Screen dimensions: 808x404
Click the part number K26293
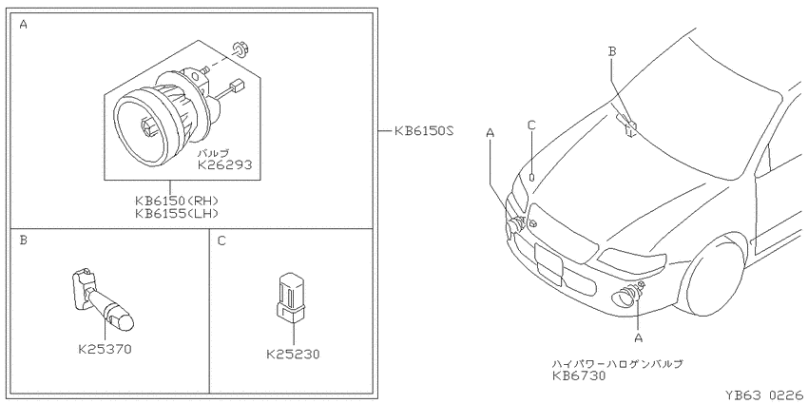[224, 164]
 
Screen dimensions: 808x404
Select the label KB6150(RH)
[177, 201]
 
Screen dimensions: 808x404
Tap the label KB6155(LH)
[177, 213]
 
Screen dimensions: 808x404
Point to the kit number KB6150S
[424, 131]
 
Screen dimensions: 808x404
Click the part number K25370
[106, 350]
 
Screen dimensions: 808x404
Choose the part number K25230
[293, 354]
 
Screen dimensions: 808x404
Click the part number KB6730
[579, 376]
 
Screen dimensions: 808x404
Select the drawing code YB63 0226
[763, 395]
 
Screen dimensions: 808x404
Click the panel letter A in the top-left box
[23, 24]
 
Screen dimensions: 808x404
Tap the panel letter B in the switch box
[23, 240]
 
